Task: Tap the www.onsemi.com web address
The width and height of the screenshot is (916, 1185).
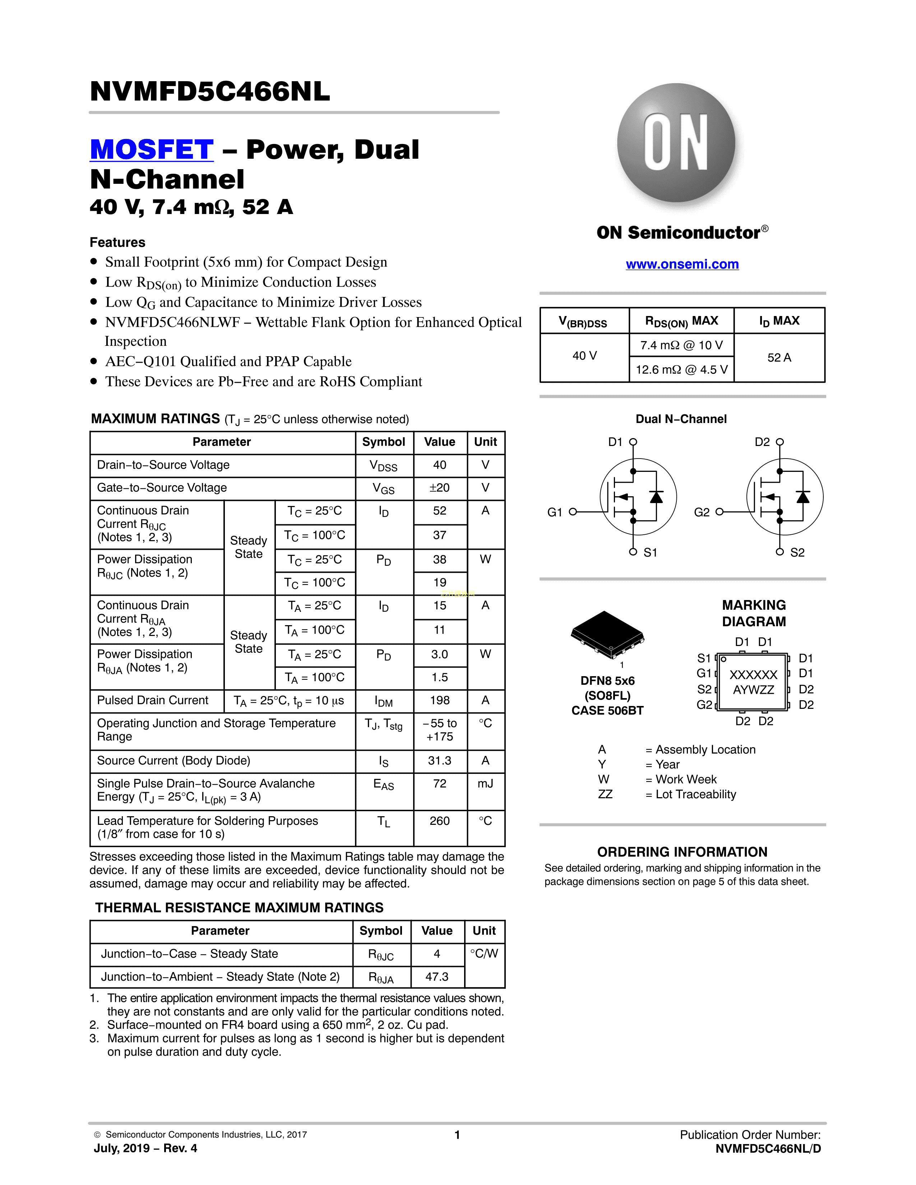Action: [x=682, y=264]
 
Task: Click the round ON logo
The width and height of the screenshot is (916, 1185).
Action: [x=676, y=143]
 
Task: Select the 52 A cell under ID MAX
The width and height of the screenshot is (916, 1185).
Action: [x=779, y=358]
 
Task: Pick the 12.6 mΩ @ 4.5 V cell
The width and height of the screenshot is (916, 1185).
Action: [x=681, y=370]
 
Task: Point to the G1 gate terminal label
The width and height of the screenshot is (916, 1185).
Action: [x=555, y=512]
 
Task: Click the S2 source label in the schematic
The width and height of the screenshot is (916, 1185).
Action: [x=797, y=552]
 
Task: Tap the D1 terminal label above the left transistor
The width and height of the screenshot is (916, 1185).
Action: [x=615, y=442]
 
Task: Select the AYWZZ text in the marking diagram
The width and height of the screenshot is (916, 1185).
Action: [x=753, y=689]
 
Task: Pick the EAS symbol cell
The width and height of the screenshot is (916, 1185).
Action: [x=384, y=785]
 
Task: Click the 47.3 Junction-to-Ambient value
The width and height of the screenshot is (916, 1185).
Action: [x=437, y=977]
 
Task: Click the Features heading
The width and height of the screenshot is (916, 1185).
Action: [x=117, y=242]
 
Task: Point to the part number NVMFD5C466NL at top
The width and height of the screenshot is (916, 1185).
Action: [x=210, y=91]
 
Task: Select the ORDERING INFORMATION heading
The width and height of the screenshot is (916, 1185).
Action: [x=682, y=852]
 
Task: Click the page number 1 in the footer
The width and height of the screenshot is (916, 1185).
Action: [x=457, y=1134]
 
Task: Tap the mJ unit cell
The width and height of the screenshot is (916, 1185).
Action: [x=485, y=784]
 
